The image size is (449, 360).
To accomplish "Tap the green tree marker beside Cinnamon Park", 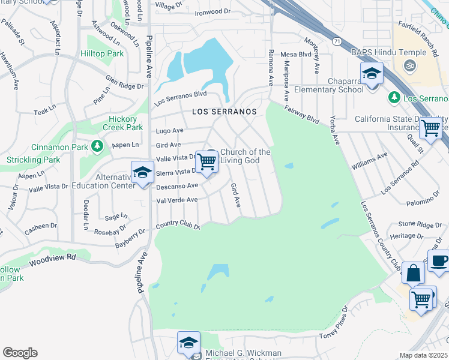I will (97, 146).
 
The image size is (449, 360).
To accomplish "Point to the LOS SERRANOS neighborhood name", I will (224, 112).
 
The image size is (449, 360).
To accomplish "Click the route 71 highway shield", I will (338, 40).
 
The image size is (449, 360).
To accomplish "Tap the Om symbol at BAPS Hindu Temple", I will (411, 65).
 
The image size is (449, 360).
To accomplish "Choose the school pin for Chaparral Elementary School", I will (372, 75).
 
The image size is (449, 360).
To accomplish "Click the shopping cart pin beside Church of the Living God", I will (207, 161).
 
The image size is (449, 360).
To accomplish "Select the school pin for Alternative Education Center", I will (142, 173).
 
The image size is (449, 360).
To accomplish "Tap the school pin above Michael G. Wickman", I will (188, 344).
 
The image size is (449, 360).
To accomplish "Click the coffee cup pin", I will (439, 261).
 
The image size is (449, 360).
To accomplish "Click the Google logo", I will (20, 353).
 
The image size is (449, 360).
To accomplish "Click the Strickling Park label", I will (34, 160).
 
